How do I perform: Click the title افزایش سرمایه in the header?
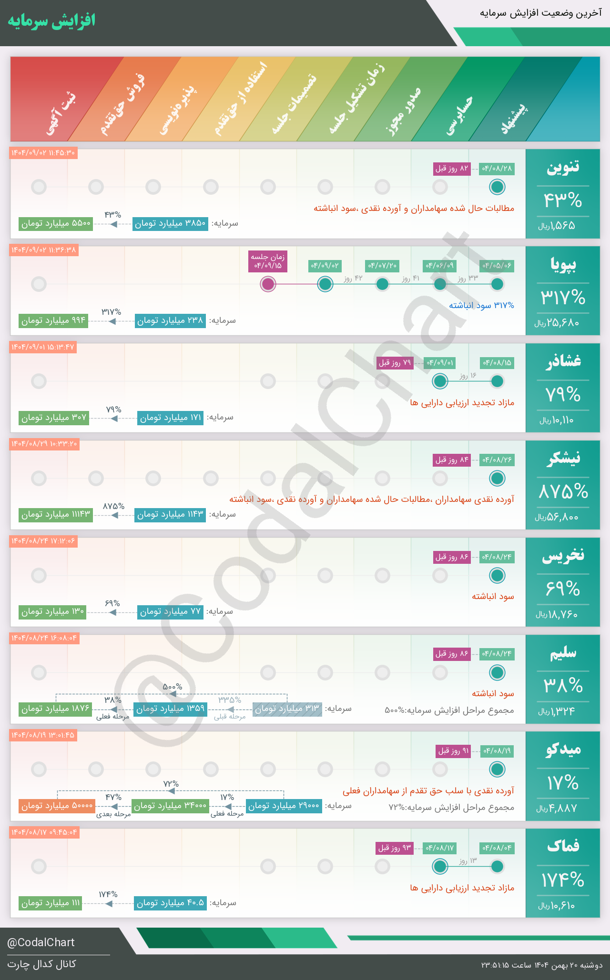51,21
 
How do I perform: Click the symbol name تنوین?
563,167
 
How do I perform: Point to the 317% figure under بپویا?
563,298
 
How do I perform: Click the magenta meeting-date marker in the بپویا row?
268,284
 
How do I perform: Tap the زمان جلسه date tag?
268,261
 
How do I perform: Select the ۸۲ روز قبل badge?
452,169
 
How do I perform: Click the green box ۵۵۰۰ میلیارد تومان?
56,223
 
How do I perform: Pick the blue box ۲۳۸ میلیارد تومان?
170,320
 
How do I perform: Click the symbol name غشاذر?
563,361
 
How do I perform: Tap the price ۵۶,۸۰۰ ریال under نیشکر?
557,517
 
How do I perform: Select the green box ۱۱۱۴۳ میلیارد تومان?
56,515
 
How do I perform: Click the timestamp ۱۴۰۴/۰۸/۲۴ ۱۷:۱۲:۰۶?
43,541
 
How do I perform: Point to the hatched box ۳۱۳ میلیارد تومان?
287,709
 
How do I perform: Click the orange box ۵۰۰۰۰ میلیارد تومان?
57,806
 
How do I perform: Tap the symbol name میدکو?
563,750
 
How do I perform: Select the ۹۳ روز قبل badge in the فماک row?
394,848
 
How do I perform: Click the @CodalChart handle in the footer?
41,942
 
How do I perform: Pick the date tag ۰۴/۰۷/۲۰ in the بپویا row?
382,265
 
